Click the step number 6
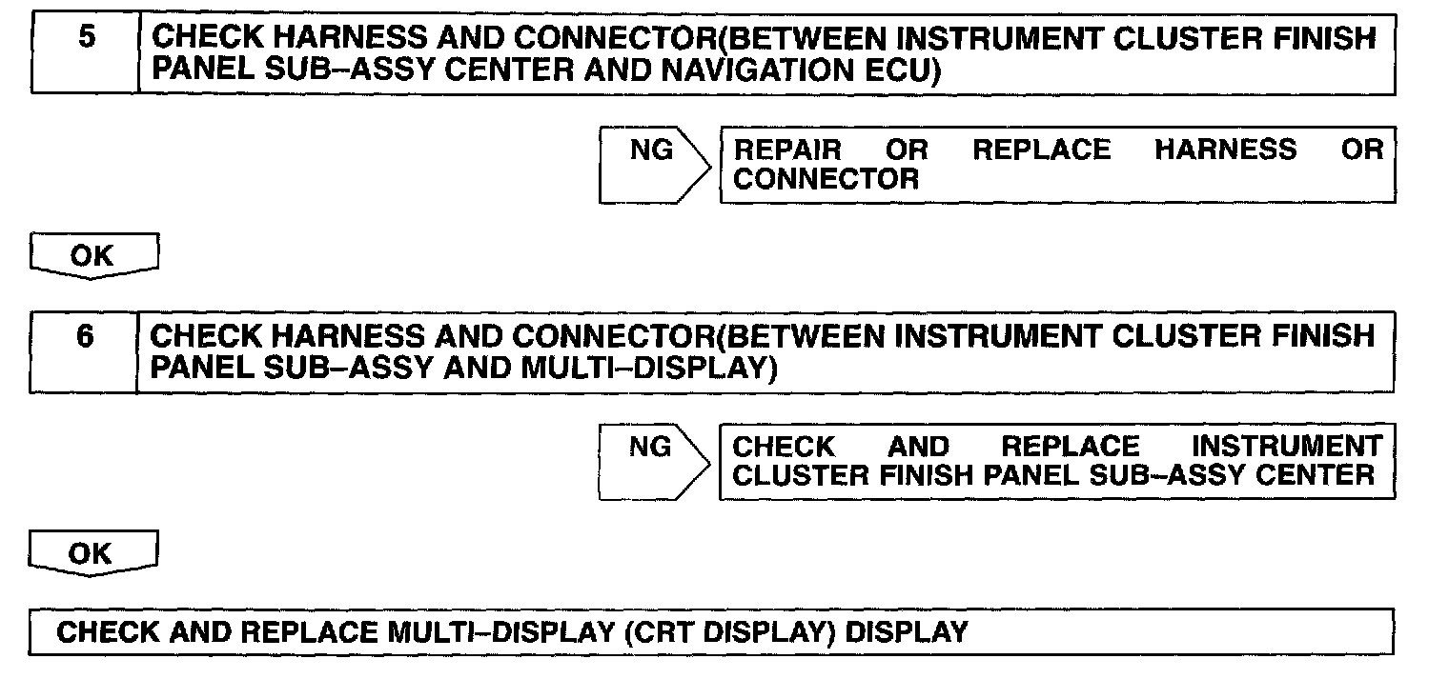pyautogui.click(x=85, y=337)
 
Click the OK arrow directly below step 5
pyautogui.click(x=92, y=256)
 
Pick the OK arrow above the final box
pyautogui.click(x=92, y=553)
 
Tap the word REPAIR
pyautogui.click(x=787, y=150)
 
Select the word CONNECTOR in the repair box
pyautogui.click(x=826, y=178)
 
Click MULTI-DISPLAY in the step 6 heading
pyautogui.click(x=639, y=367)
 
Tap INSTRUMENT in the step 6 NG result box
pyautogui.click(x=1286, y=447)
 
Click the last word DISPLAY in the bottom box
pyautogui.click(x=907, y=631)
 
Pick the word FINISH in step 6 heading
pyautogui.click(x=1326, y=336)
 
